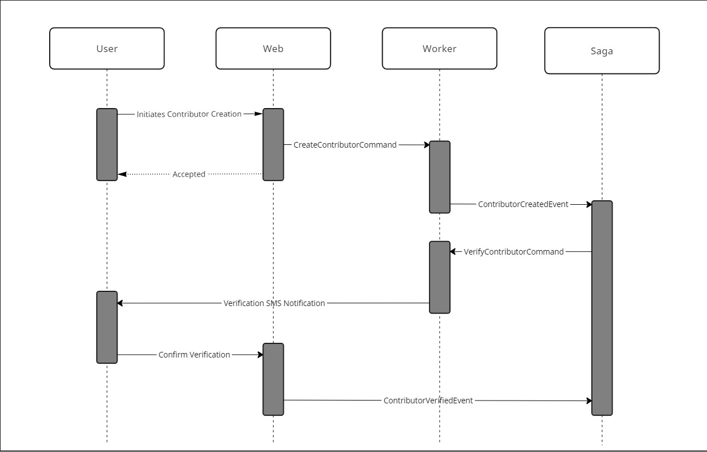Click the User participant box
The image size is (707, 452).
[107, 49]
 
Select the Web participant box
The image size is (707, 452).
[273, 49]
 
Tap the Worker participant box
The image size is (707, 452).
[439, 49]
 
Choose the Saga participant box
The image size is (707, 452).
[602, 51]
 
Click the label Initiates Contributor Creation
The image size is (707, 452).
[189, 114]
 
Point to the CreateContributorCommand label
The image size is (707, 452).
[345, 145]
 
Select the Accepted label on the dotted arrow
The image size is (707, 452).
[189, 174]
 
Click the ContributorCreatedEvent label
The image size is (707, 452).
[523, 204]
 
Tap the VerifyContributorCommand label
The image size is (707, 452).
[514, 252]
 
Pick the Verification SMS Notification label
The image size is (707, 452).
[274, 303]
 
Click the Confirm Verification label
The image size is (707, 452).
[194, 355]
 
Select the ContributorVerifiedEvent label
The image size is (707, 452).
[428, 401]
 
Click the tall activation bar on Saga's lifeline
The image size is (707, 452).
[602, 308]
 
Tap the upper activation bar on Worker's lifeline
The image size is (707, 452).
[440, 177]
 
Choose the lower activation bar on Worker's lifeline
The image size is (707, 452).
[440, 277]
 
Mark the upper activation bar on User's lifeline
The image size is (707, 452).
[107, 144]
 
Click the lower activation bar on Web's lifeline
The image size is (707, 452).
[273, 379]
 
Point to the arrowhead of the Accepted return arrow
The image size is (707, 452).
[122, 174]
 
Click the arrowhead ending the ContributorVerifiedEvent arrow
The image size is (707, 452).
[588, 401]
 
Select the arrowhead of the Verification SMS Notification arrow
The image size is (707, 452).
[120, 303]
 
